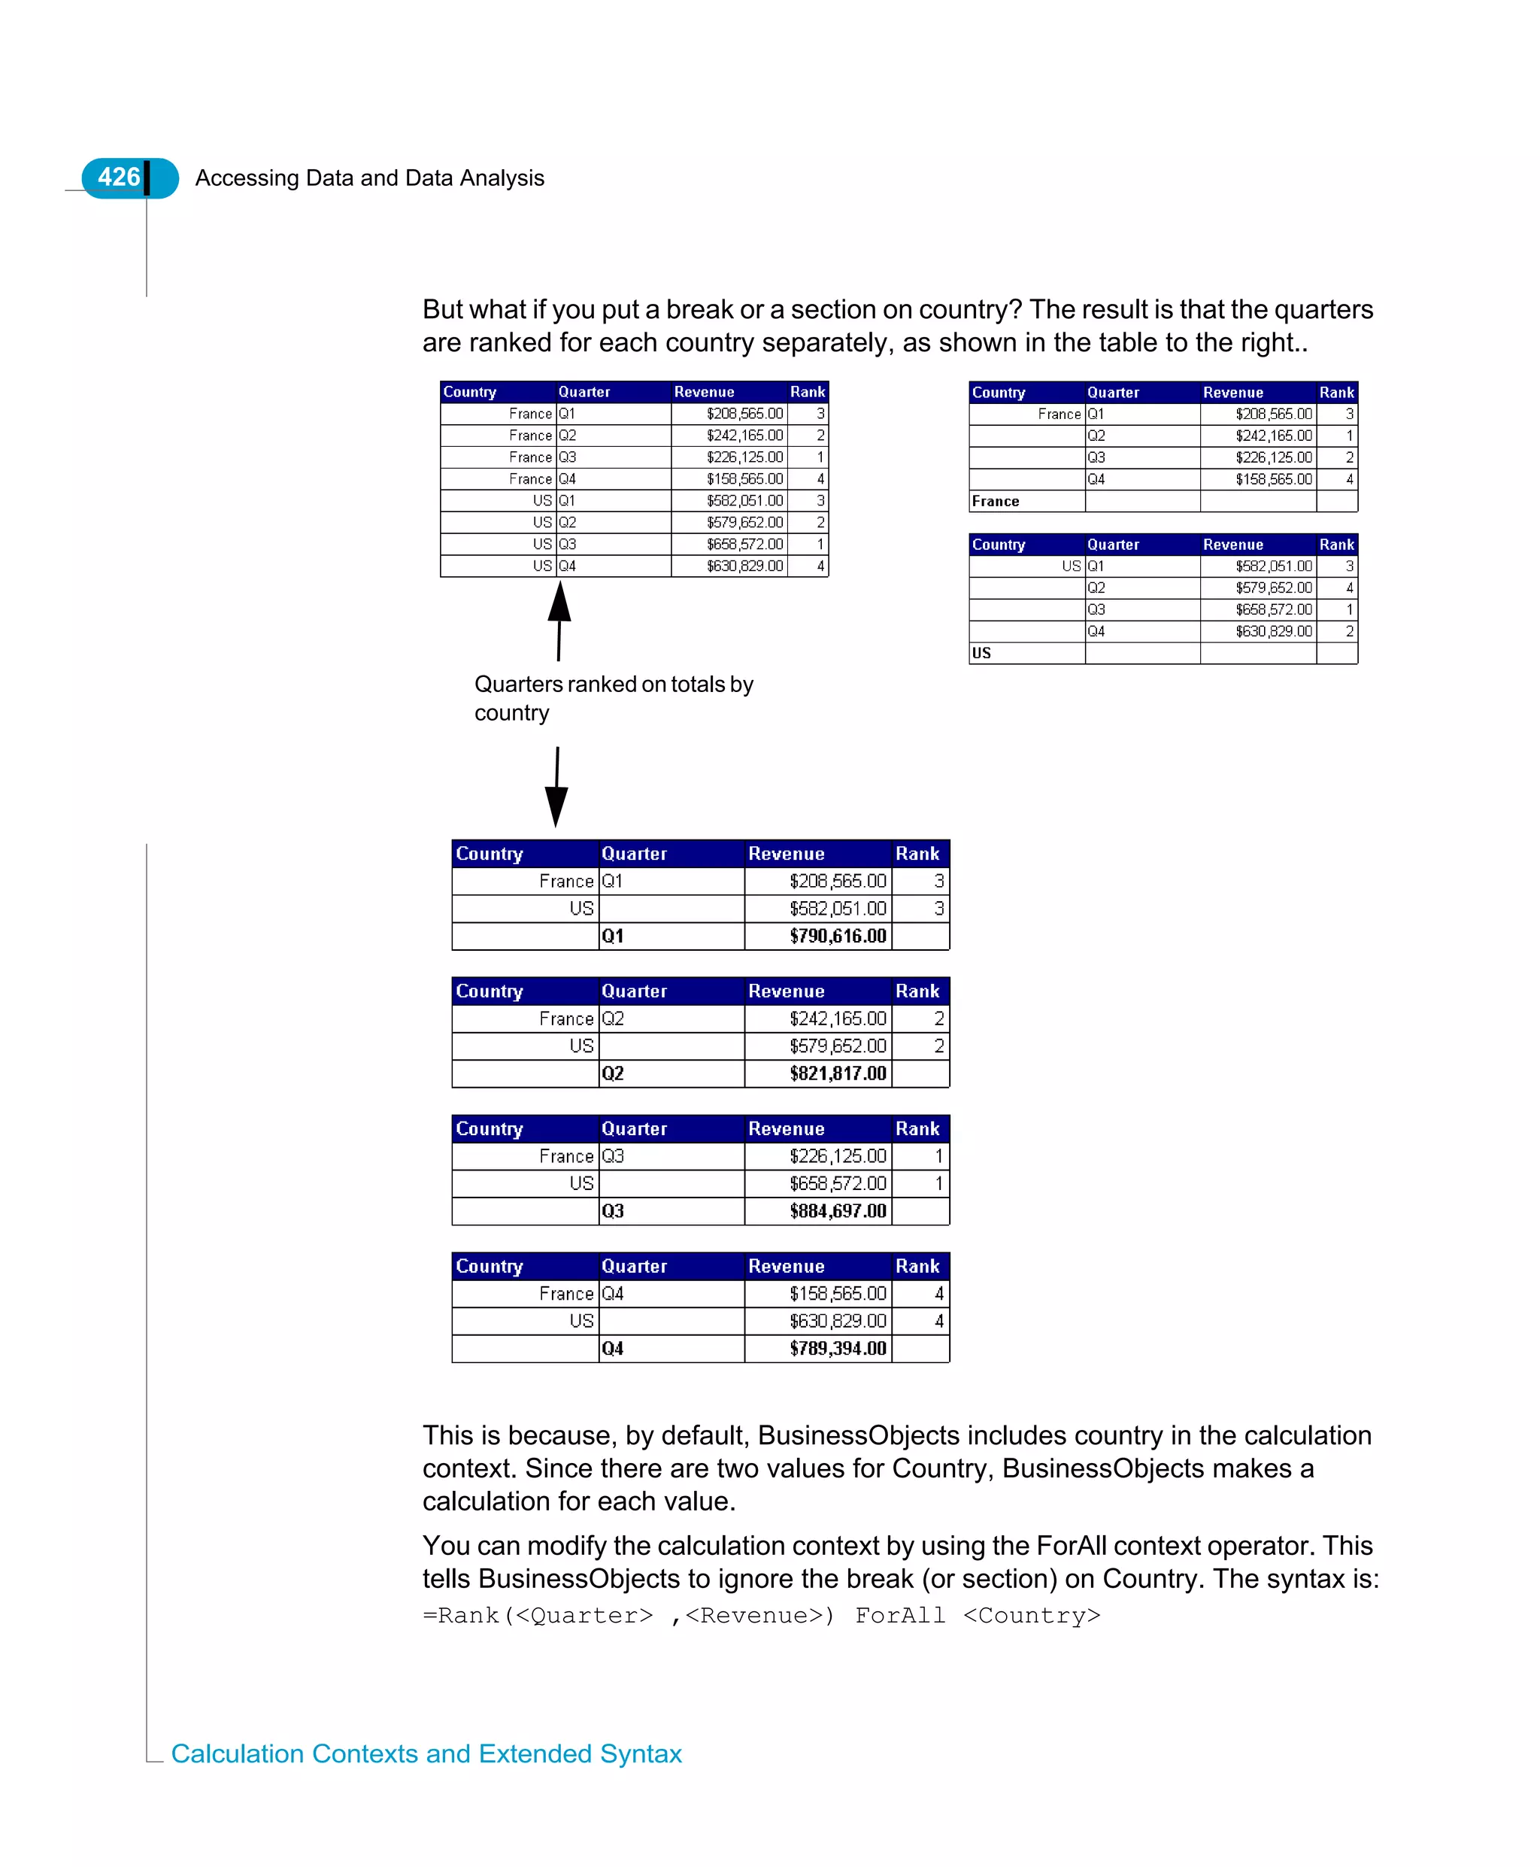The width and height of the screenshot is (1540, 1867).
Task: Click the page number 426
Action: tap(119, 178)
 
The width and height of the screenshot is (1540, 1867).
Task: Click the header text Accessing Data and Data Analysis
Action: tap(369, 178)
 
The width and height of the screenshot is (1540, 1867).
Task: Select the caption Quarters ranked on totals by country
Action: tap(613, 698)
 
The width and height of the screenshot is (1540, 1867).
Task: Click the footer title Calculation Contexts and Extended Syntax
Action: tap(426, 1754)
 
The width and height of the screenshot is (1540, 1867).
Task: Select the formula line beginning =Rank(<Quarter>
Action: tap(761, 1616)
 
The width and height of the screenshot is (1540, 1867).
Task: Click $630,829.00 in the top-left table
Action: tap(744, 566)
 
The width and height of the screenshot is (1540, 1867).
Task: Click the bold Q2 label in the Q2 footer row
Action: tap(613, 1073)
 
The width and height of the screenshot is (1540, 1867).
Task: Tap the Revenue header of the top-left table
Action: tap(704, 392)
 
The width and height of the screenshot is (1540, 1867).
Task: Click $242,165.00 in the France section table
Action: tap(1273, 436)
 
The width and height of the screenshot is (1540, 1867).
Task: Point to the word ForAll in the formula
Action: tap(899, 1616)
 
